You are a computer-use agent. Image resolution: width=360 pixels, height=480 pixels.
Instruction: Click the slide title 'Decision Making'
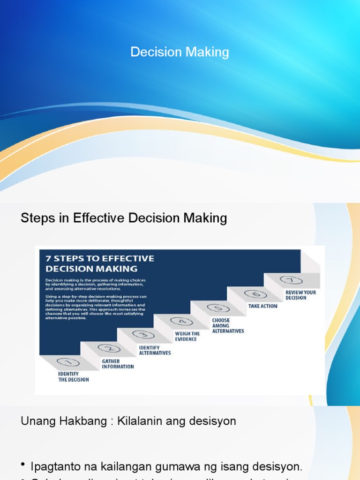180,52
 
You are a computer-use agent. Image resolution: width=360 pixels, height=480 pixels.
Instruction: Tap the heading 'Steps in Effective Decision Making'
124,218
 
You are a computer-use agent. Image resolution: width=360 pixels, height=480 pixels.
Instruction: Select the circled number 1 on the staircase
68,362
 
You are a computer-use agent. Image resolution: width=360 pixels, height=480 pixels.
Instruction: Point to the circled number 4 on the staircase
181,322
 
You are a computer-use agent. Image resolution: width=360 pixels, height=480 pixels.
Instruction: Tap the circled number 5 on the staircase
218,308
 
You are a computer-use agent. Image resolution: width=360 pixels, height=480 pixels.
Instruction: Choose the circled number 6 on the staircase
255,294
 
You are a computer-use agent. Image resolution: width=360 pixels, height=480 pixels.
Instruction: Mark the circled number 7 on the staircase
292,280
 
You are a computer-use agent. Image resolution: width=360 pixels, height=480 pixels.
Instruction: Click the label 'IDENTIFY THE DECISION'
73,377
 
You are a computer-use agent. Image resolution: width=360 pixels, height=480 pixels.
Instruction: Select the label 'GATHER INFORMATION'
118,364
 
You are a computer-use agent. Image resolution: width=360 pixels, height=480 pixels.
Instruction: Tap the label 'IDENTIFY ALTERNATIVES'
155,350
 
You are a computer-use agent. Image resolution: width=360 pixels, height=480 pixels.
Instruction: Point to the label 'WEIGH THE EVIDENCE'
187,337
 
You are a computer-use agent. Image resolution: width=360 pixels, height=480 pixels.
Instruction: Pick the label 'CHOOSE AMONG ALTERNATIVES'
228,326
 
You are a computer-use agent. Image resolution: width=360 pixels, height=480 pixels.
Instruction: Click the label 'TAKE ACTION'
262,306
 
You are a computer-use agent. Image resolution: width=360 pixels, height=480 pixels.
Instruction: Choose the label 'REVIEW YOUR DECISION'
300,295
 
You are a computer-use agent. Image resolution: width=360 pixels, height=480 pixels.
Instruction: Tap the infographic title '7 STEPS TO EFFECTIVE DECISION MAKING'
99,263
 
